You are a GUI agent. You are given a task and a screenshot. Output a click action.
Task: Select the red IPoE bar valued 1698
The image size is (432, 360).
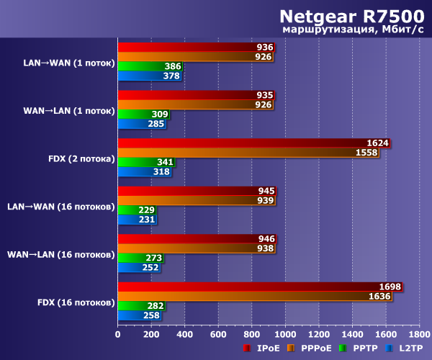click(x=259, y=287)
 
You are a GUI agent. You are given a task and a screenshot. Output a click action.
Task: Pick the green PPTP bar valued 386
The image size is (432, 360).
click(x=149, y=66)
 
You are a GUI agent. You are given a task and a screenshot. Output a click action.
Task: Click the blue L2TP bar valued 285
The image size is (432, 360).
click(x=141, y=124)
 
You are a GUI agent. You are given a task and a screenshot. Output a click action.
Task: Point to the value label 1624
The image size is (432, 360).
click(x=377, y=143)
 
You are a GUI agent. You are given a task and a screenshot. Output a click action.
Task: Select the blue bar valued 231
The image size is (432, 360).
click(x=137, y=220)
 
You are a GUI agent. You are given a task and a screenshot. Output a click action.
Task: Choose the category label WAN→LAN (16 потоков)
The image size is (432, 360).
click(x=61, y=254)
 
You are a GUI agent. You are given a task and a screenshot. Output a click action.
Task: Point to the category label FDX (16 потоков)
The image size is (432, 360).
click(x=76, y=302)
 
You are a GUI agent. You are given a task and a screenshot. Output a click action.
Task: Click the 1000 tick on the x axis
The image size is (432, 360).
click(x=286, y=334)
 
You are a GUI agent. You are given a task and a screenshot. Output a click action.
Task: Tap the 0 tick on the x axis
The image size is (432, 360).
click(x=118, y=334)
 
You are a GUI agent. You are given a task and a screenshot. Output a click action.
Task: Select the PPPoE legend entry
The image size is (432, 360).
click(x=312, y=348)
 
